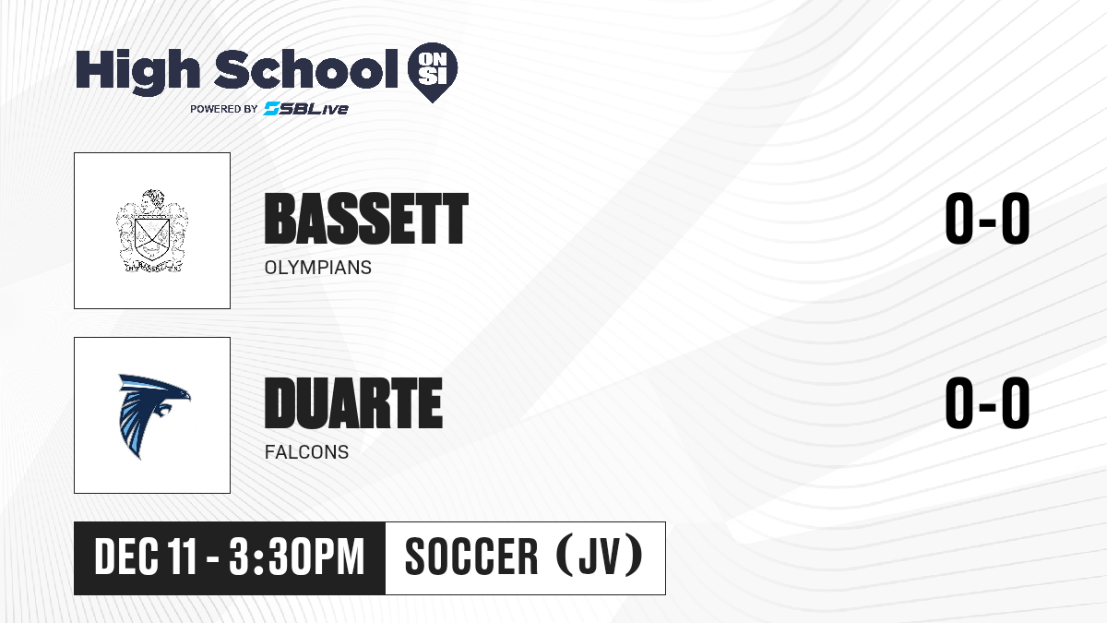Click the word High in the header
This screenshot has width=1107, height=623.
pyautogui.click(x=137, y=72)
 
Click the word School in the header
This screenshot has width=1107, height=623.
pyautogui.click(x=306, y=68)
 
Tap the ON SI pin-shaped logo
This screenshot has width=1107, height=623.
pyautogui.click(x=433, y=72)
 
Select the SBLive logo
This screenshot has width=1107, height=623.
pyautogui.click(x=306, y=108)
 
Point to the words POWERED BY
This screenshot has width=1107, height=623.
pyautogui.click(x=224, y=109)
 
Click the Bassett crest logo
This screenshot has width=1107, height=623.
pyautogui.click(x=152, y=231)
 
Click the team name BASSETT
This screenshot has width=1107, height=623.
pyautogui.click(x=366, y=219)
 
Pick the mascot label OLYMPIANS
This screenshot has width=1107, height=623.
pyautogui.click(x=317, y=268)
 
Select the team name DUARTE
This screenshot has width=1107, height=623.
pyautogui.click(x=353, y=403)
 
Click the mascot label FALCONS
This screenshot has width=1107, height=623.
pyautogui.click(x=306, y=452)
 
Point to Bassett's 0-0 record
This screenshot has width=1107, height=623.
pyautogui.click(x=987, y=219)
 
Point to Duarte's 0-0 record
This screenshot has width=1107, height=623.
pyautogui.click(x=987, y=402)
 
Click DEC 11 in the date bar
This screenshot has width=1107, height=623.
pyautogui.click(x=146, y=557)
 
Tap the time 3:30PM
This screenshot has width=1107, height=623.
pyautogui.click(x=296, y=557)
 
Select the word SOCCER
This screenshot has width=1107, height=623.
pyautogui.click(x=471, y=557)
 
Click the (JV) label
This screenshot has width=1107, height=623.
pyautogui.click(x=600, y=556)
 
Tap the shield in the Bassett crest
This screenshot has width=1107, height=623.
pyautogui.click(x=152, y=239)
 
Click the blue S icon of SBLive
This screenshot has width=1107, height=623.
pyautogui.click(x=271, y=108)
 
